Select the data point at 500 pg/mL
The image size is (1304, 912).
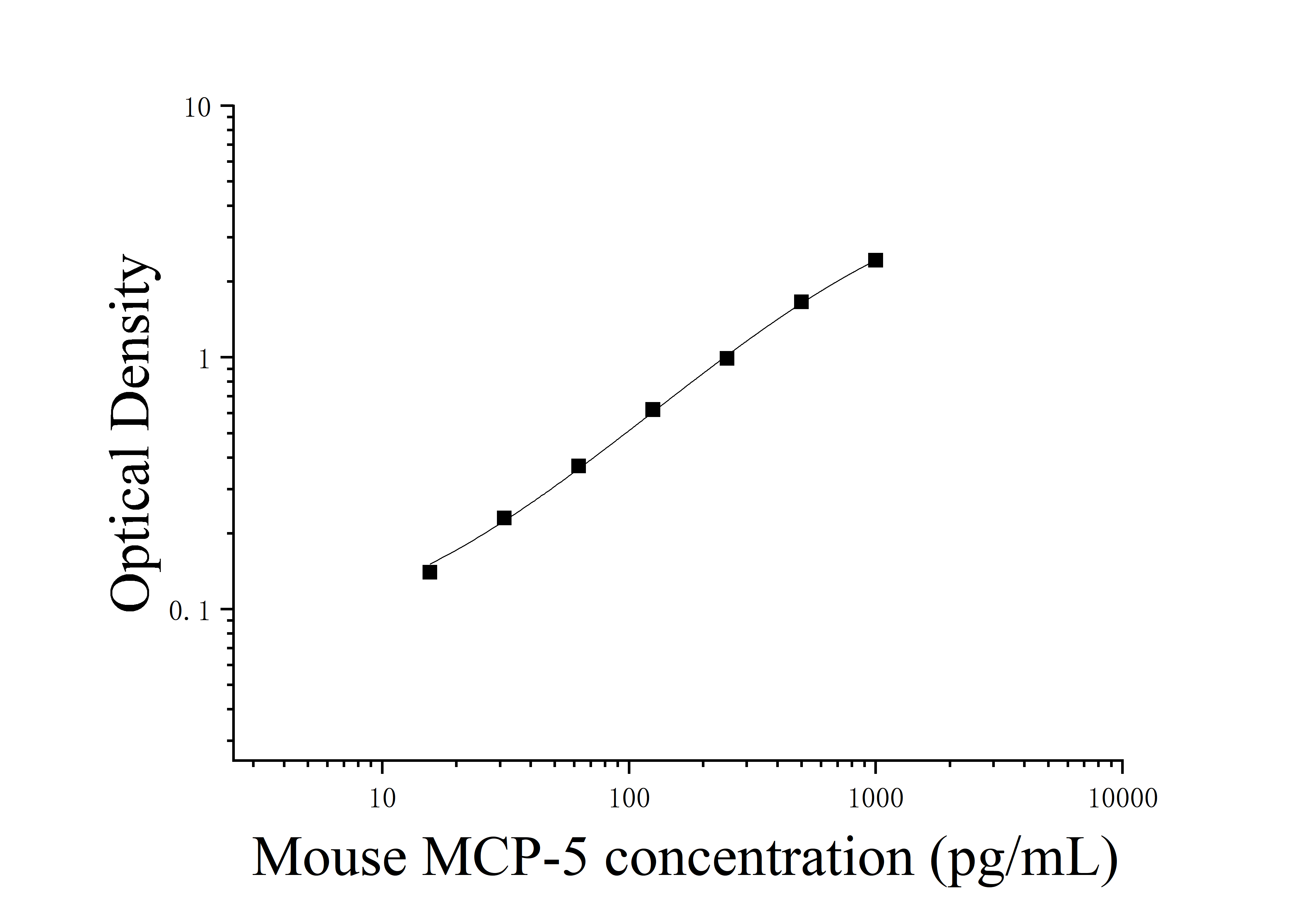point(801,302)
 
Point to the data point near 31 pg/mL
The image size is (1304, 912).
point(504,518)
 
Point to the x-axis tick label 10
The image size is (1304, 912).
point(382,800)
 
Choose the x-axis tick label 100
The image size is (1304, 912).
point(629,800)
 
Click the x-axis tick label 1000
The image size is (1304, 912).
point(876,800)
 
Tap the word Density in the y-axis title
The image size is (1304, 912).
point(132,346)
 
